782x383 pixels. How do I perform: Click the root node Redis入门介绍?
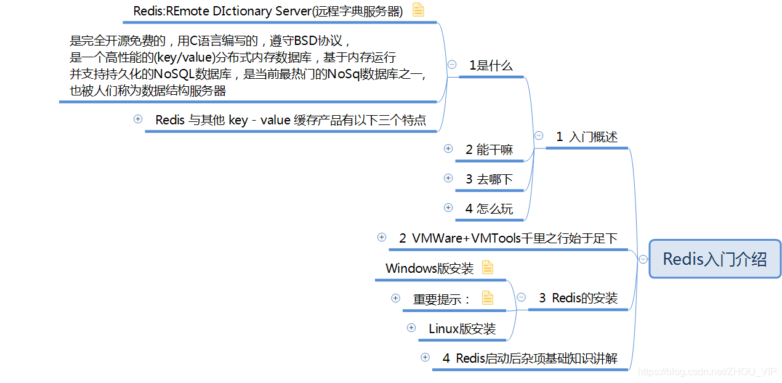click(x=715, y=259)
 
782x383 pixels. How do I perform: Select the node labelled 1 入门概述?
click(x=587, y=137)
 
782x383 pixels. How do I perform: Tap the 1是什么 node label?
click(x=491, y=66)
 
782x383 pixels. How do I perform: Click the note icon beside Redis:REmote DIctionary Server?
click(x=418, y=10)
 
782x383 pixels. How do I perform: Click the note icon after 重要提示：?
click(x=488, y=299)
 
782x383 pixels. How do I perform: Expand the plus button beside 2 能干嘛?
click(x=448, y=148)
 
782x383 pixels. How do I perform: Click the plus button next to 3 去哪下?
click(x=448, y=178)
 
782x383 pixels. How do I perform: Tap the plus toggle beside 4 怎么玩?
click(x=448, y=208)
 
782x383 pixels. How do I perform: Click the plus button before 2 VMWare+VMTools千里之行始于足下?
click(x=382, y=237)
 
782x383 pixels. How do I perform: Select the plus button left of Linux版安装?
click(x=411, y=328)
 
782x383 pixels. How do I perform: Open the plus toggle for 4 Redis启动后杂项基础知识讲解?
click(x=425, y=357)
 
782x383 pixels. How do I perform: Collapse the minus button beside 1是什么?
click(x=452, y=64)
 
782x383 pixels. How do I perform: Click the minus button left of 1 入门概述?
click(x=539, y=135)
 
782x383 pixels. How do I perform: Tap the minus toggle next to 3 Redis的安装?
click(x=521, y=297)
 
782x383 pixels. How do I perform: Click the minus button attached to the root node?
click(x=643, y=259)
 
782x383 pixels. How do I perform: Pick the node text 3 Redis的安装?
click(x=578, y=298)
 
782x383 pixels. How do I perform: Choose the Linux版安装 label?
click(x=462, y=329)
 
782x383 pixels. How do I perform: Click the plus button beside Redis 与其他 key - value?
click(x=138, y=119)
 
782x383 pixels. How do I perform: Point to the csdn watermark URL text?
click(x=707, y=371)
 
